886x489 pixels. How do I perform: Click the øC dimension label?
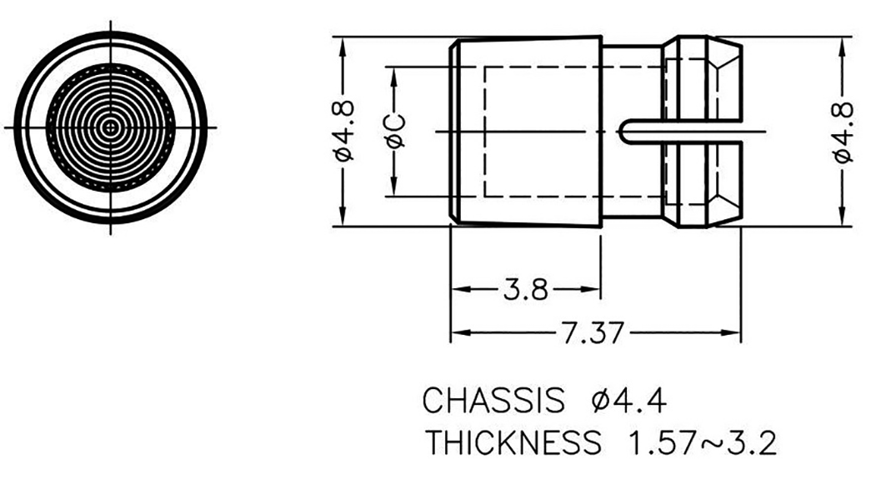(395, 131)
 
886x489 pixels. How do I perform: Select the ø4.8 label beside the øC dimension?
(343, 131)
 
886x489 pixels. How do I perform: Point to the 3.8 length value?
(526, 291)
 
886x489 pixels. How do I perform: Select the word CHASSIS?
(493, 401)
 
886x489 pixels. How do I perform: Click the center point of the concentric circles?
(111, 127)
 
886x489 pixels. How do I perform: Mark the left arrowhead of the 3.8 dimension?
(458, 291)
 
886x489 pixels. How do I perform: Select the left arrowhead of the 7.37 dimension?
(458, 335)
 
